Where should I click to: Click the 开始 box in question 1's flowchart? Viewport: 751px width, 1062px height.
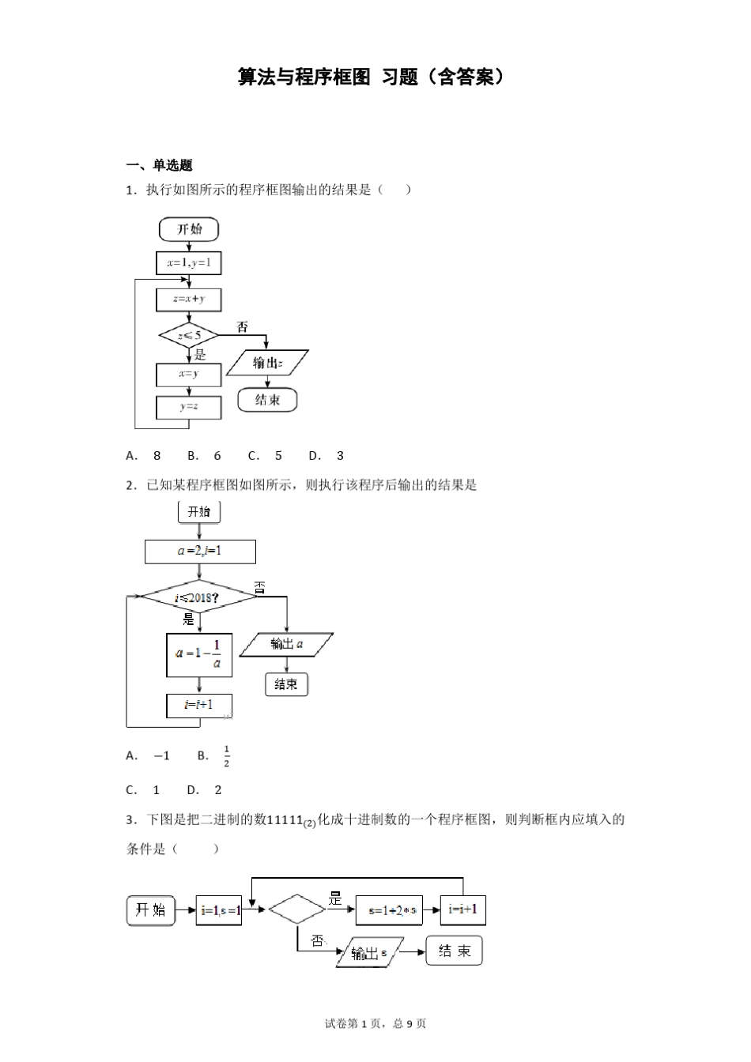(189, 229)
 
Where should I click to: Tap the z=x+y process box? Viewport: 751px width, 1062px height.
(189, 299)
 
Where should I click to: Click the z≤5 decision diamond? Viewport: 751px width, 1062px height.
(189, 335)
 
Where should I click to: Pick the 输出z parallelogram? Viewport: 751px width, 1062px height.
(267, 363)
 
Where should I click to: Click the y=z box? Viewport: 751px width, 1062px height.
(188, 407)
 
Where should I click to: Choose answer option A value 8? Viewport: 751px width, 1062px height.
(157, 455)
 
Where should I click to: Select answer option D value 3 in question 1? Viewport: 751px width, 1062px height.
(340, 455)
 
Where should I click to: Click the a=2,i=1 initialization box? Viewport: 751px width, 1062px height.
(200, 552)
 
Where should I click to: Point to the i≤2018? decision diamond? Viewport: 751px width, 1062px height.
(198, 597)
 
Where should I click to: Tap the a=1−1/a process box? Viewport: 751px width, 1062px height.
(199, 655)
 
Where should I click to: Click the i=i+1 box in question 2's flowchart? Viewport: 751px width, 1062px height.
(198, 706)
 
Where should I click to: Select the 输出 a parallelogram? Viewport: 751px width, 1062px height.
(286, 645)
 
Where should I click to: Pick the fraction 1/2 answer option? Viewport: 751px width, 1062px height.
(226, 756)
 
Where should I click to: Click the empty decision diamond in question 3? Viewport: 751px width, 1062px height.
(296, 909)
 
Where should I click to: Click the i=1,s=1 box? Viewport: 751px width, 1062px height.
(219, 910)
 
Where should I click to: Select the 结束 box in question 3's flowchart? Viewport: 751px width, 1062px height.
(454, 951)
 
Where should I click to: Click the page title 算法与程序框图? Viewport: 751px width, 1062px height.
(304, 77)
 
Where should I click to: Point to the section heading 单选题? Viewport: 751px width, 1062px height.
(172, 165)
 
